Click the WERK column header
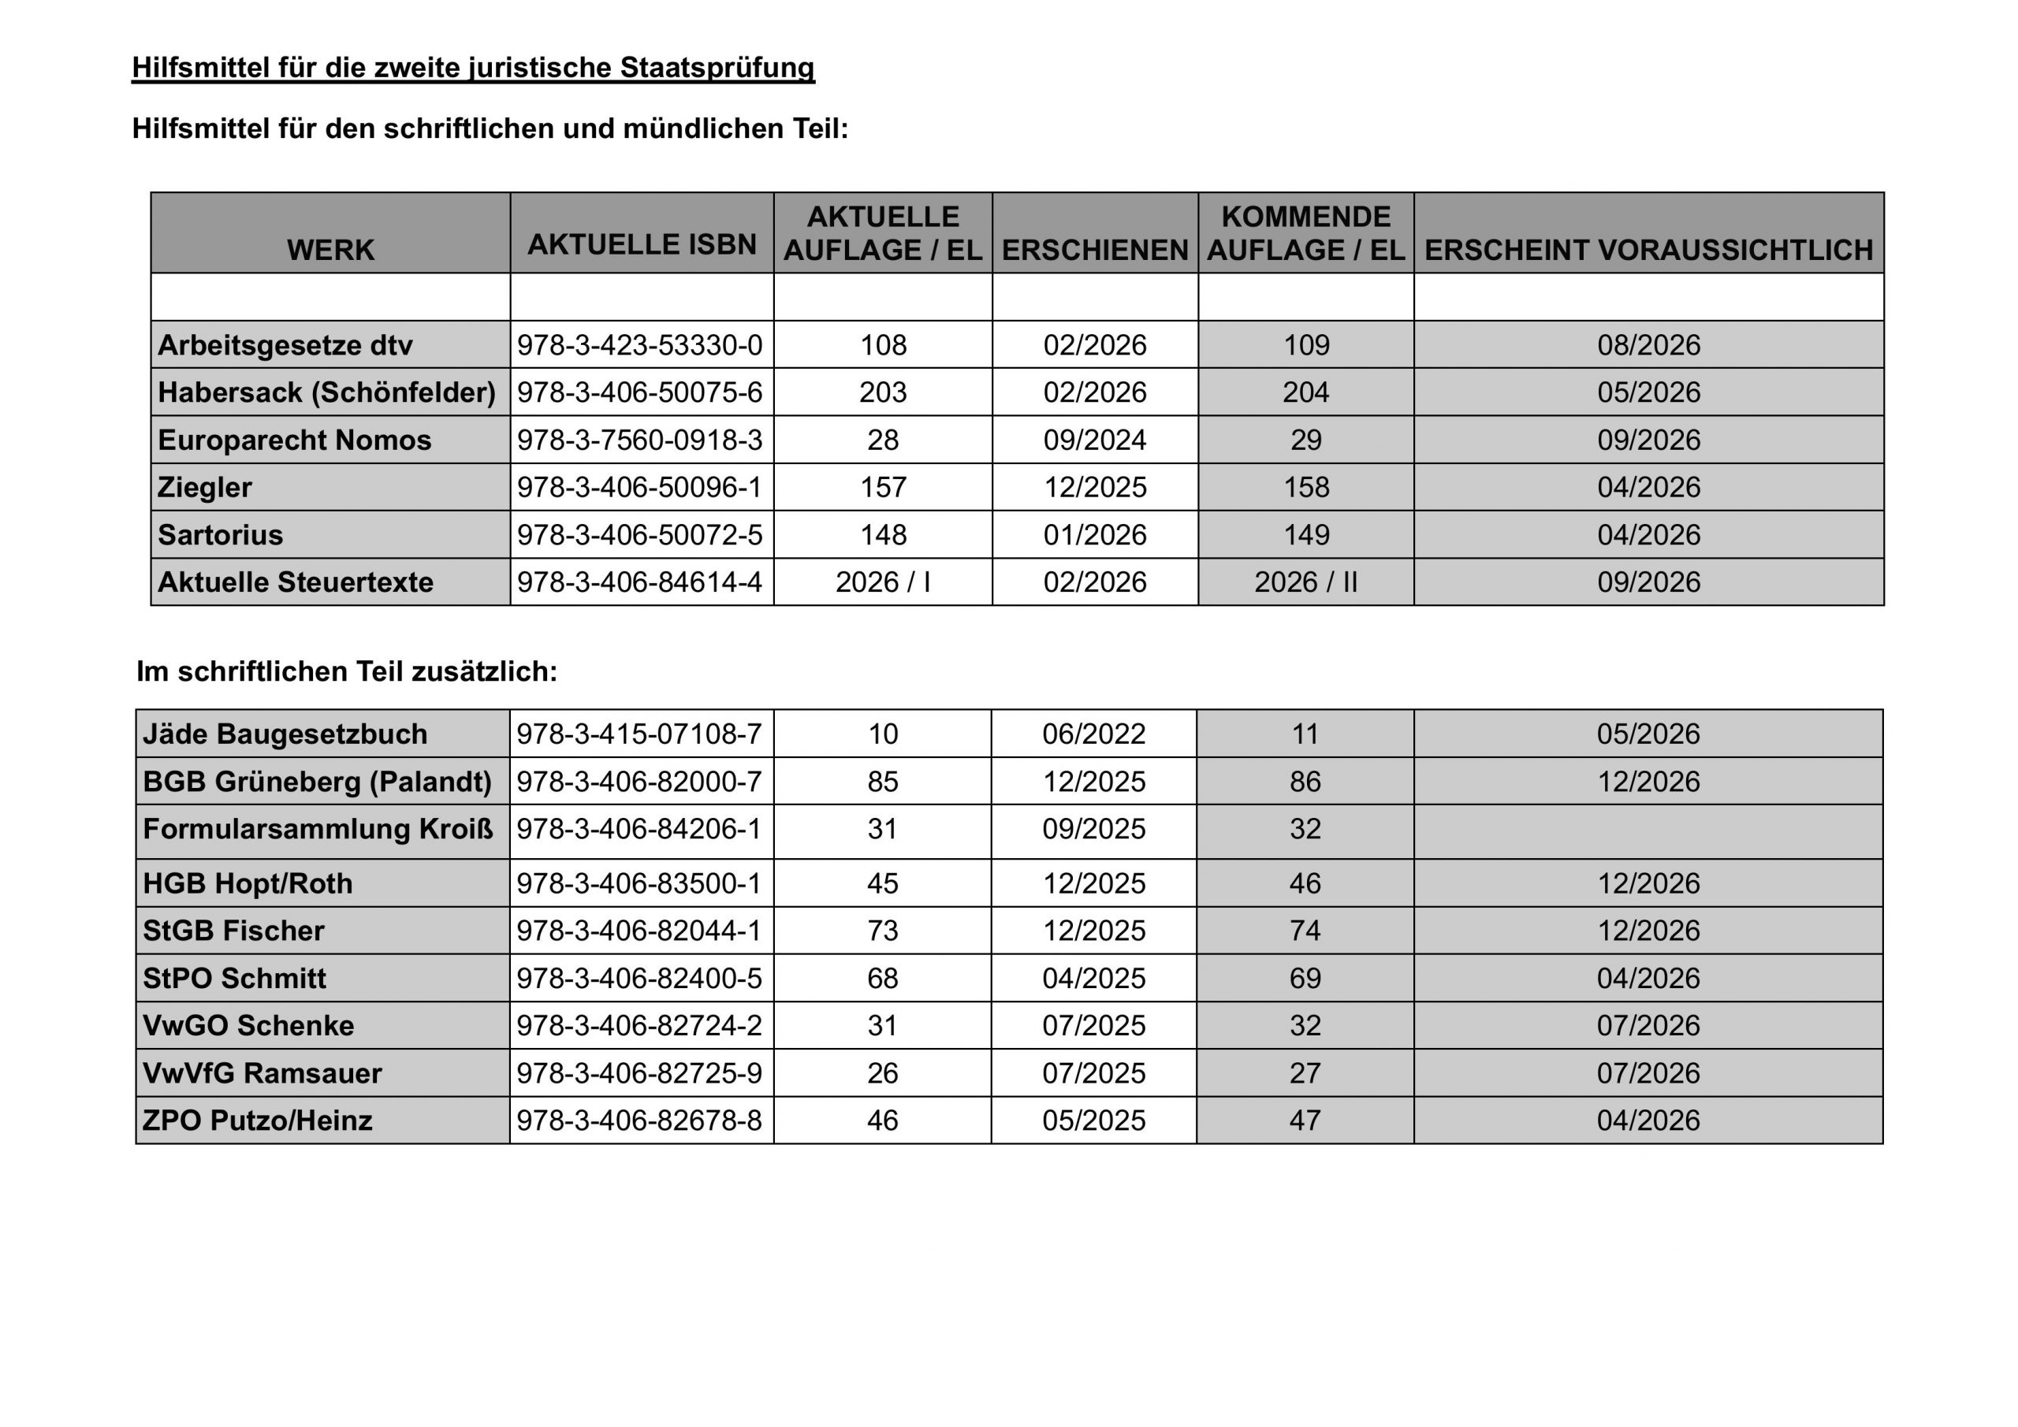330,251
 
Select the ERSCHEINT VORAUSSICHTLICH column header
1648,251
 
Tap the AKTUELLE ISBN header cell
642,244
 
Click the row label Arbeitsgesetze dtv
285,345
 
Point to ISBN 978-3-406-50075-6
640,392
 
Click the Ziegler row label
205,488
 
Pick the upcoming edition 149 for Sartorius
1306,535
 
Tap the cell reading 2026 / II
1306,582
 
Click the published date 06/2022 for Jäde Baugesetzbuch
1093,734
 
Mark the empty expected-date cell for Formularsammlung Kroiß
1648,831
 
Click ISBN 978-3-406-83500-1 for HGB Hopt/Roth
639,883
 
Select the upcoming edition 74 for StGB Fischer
1305,931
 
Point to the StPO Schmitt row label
235,978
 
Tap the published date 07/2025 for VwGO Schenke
1093,1025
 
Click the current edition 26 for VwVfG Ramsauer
882,1073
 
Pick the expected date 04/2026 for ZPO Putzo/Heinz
1648,1120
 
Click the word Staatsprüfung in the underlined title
717,68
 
